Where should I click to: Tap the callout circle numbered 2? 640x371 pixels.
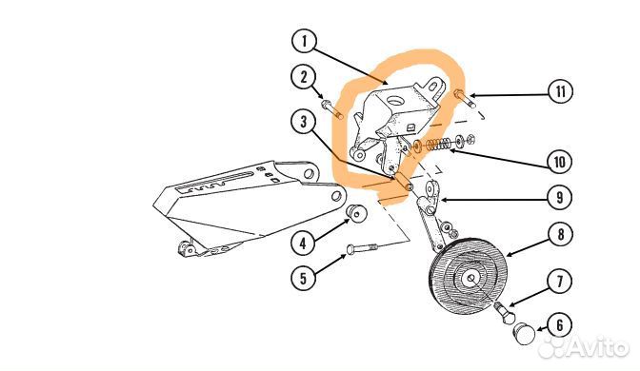(x=303, y=77)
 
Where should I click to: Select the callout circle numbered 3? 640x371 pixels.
(x=303, y=122)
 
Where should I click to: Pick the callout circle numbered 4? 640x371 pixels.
(x=303, y=244)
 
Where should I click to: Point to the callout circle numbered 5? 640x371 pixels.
(x=303, y=279)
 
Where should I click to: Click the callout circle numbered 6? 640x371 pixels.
(x=559, y=325)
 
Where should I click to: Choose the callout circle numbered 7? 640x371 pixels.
(x=560, y=281)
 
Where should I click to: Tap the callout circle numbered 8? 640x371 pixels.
(x=560, y=234)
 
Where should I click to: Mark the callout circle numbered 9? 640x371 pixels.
(x=560, y=197)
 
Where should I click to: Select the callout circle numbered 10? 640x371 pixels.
(x=559, y=162)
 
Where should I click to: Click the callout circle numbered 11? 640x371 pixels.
(x=560, y=91)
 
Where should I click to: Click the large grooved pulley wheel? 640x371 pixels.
(x=469, y=278)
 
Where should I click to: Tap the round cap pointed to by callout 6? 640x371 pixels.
(x=524, y=334)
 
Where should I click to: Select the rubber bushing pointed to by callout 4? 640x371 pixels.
(x=355, y=212)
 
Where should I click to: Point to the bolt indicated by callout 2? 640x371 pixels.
(x=332, y=109)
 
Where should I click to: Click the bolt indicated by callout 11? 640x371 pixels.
(x=465, y=99)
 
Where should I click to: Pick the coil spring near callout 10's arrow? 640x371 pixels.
(x=438, y=144)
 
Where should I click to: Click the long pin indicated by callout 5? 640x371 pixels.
(x=362, y=247)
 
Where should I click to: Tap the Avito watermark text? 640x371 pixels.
(x=583, y=347)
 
